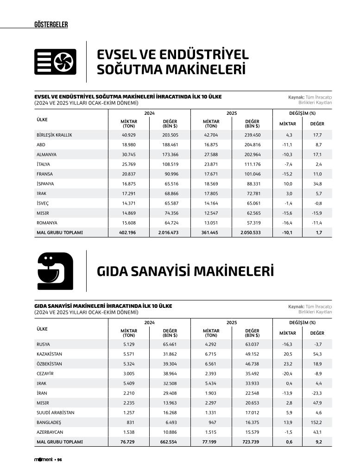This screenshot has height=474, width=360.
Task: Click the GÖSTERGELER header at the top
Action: (x=51, y=25)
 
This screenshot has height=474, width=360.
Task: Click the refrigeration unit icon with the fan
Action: (x=55, y=62)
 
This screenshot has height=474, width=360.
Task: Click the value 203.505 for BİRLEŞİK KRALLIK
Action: (x=170, y=135)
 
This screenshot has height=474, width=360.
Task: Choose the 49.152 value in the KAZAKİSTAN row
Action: (x=252, y=354)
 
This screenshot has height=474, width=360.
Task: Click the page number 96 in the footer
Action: (x=60, y=460)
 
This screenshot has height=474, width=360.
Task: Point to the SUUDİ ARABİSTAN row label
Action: (x=55, y=412)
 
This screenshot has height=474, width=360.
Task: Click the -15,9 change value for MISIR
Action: (x=317, y=213)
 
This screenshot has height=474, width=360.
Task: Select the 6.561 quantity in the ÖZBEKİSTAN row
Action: (x=211, y=364)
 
